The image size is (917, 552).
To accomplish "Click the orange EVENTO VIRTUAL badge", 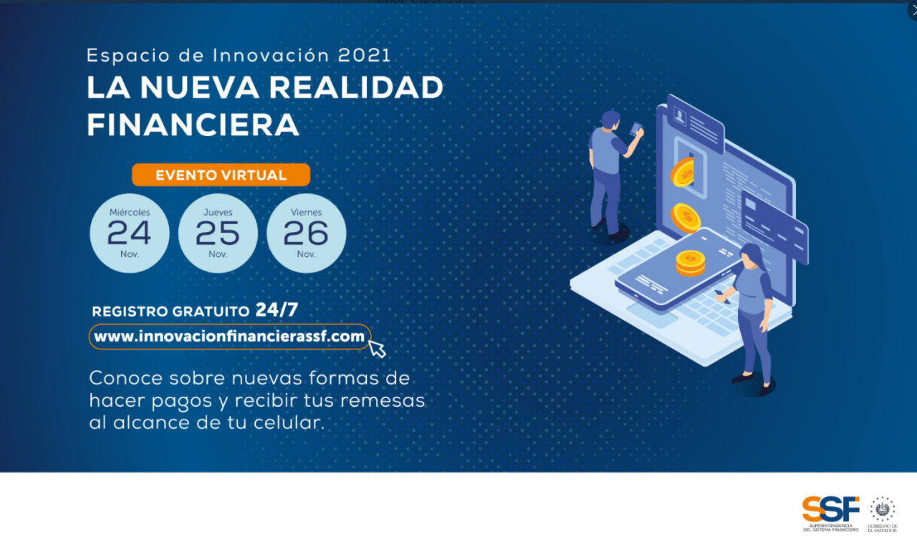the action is coord(221,175).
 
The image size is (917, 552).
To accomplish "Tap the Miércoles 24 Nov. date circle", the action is coord(130,233).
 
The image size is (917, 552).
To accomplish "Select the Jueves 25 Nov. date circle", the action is coord(218,233).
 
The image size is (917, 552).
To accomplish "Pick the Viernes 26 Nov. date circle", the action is coord(306,233).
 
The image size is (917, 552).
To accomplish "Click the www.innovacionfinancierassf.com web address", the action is coord(229,336).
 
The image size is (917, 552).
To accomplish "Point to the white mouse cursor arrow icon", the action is coord(377,349).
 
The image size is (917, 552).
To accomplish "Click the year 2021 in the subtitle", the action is coord(365,56).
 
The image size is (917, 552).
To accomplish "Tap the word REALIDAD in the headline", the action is coord(356,87).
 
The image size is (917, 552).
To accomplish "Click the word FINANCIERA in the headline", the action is coord(193,125).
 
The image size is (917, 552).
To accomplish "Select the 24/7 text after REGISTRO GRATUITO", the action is coord(277,310).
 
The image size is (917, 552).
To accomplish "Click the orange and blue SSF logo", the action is coord(830,513).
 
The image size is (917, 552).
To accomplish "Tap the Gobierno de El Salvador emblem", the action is coord(883,514).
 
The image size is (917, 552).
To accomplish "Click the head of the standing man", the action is coord(611,120).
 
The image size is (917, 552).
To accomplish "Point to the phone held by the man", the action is coord(635,129).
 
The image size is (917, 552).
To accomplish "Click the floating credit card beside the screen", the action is coord(774,226).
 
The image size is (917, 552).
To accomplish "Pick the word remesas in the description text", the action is coord(383,401).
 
